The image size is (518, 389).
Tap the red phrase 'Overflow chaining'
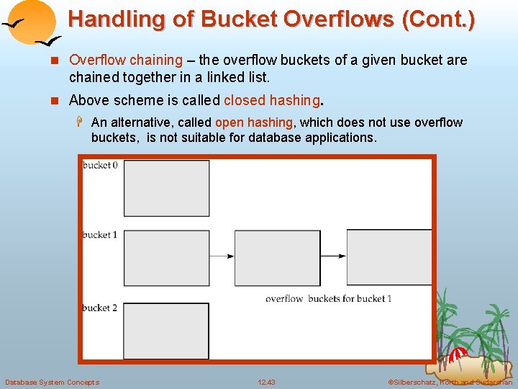[126, 60]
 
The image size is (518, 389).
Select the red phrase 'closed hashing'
[272, 100]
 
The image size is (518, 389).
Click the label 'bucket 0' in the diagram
[100, 165]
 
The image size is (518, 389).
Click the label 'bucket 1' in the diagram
[100, 235]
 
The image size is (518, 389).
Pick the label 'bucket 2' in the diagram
[100, 308]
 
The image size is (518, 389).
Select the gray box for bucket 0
[166, 188]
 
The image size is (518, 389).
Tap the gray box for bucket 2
[166, 331]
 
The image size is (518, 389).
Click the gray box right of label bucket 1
[166, 258]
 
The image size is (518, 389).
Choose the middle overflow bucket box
[277, 258]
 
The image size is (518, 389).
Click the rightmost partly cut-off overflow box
[389, 258]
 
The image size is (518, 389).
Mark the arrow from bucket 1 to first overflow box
[222, 256]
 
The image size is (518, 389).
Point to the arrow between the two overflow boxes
[333, 256]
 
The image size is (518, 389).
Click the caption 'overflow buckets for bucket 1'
[328, 298]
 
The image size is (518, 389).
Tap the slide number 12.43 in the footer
[266, 382]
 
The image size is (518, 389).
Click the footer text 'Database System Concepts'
[52, 382]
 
